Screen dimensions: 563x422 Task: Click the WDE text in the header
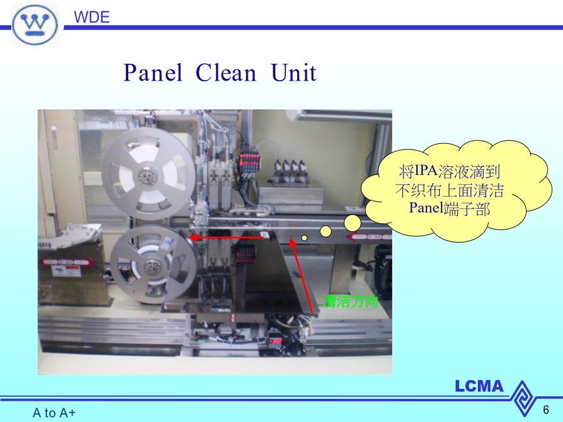pyautogui.click(x=91, y=18)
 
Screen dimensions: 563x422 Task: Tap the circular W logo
pyautogui.click(x=35, y=25)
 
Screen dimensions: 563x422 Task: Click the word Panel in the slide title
pyautogui.click(x=153, y=73)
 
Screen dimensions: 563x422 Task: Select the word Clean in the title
pyautogui.click(x=226, y=73)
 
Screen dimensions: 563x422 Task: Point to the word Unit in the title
pyautogui.click(x=294, y=73)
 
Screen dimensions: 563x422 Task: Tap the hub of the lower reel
pyautogui.click(x=153, y=266)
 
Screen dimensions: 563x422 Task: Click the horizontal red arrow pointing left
pyautogui.click(x=226, y=238)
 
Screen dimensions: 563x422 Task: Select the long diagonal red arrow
pyautogui.click(x=302, y=275)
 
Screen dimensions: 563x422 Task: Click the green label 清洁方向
pyautogui.click(x=350, y=301)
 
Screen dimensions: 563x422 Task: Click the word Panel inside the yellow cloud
pyautogui.click(x=426, y=208)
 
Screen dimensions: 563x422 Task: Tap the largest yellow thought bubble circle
pyautogui.click(x=352, y=223)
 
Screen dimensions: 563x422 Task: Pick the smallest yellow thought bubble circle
pyautogui.click(x=305, y=238)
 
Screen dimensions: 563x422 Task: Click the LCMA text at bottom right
pyautogui.click(x=479, y=386)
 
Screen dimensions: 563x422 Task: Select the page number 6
pyautogui.click(x=545, y=409)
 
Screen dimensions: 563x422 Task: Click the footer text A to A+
pyautogui.click(x=54, y=413)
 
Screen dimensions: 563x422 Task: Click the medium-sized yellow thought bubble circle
pyautogui.click(x=326, y=231)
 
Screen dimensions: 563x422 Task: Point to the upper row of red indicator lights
pyautogui.click(x=249, y=158)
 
